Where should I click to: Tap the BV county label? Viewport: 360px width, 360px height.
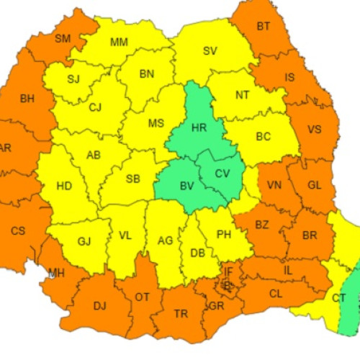click(x=187, y=186)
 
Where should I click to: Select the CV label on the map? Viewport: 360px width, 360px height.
click(x=222, y=173)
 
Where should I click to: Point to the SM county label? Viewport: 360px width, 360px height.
click(x=63, y=39)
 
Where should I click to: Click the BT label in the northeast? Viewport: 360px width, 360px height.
click(x=264, y=27)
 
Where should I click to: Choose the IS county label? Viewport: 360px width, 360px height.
click(x=290, y=77)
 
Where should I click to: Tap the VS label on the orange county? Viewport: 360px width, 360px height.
click(x=314, y=130)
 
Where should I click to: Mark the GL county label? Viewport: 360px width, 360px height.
click(x=314, y=185)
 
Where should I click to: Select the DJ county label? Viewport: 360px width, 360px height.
click(x=99, y=306)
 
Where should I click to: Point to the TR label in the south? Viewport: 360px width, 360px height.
click(x=180, y=314)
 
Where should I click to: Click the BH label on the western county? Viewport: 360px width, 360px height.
click(x=27, y=99)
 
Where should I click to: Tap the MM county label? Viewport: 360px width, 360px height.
click(x=120, y=42)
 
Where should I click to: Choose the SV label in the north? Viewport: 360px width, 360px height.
click(x=210, y=50)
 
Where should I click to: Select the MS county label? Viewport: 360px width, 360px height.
click(x=156, y=123)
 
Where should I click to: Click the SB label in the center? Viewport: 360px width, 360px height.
click(x=132, y=179)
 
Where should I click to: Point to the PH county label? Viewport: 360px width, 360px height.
click(x=224, y=234)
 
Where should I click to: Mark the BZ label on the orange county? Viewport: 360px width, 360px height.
click(x=261, y=225)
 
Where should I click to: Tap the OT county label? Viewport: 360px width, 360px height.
click(x=143, y=297)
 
